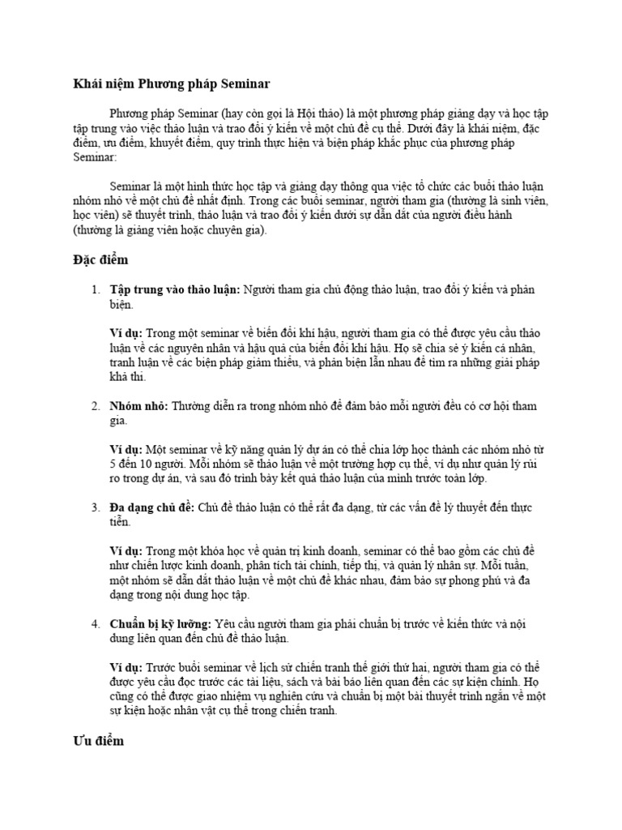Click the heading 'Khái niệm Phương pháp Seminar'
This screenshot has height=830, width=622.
[x=167, y=83]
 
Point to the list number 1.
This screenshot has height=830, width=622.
[x=95, y=290]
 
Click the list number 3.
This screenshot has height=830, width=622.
[x=95, y=507]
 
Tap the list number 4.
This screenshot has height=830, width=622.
[x=95, y=624]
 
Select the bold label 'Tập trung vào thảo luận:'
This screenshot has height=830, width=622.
[x=175, y=290]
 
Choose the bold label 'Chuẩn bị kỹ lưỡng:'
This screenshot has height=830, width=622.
[x=161, y=624]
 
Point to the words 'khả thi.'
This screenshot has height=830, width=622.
[x=129, y=377]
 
